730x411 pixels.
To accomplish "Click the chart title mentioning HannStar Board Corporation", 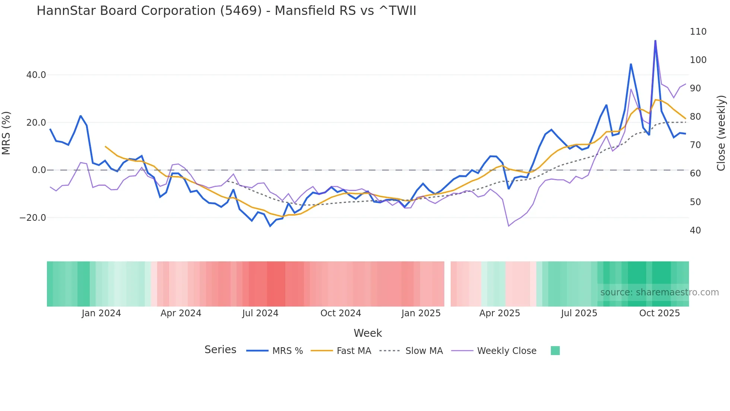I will [x=226, y=11].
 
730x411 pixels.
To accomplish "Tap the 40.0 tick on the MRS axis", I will [x=36, y=75].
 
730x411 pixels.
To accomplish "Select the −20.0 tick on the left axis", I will [x=33, y=218].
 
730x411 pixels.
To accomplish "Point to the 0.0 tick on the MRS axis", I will [x=39, y=170].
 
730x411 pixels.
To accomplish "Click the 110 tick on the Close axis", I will [x=698, y=32].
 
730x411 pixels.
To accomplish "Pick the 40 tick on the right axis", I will [x=695, y=230].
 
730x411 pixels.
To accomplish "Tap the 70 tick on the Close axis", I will [x=695, y=145].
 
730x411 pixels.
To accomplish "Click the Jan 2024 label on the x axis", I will [x=101, y=313].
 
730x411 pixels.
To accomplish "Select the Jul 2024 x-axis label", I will [x=260, y=313].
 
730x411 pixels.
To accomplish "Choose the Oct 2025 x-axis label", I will [x=659, y=313].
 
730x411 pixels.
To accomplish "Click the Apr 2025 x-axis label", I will [x=499, y=313].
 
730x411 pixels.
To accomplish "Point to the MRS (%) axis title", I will [x=6, y=133].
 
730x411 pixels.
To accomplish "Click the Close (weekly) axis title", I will [x=721, y=133].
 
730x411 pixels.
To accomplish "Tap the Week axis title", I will [x=368, y=333].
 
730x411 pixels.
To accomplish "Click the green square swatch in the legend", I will [x=555, y=351].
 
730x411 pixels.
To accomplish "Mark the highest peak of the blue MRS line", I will [x=655, y=41].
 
